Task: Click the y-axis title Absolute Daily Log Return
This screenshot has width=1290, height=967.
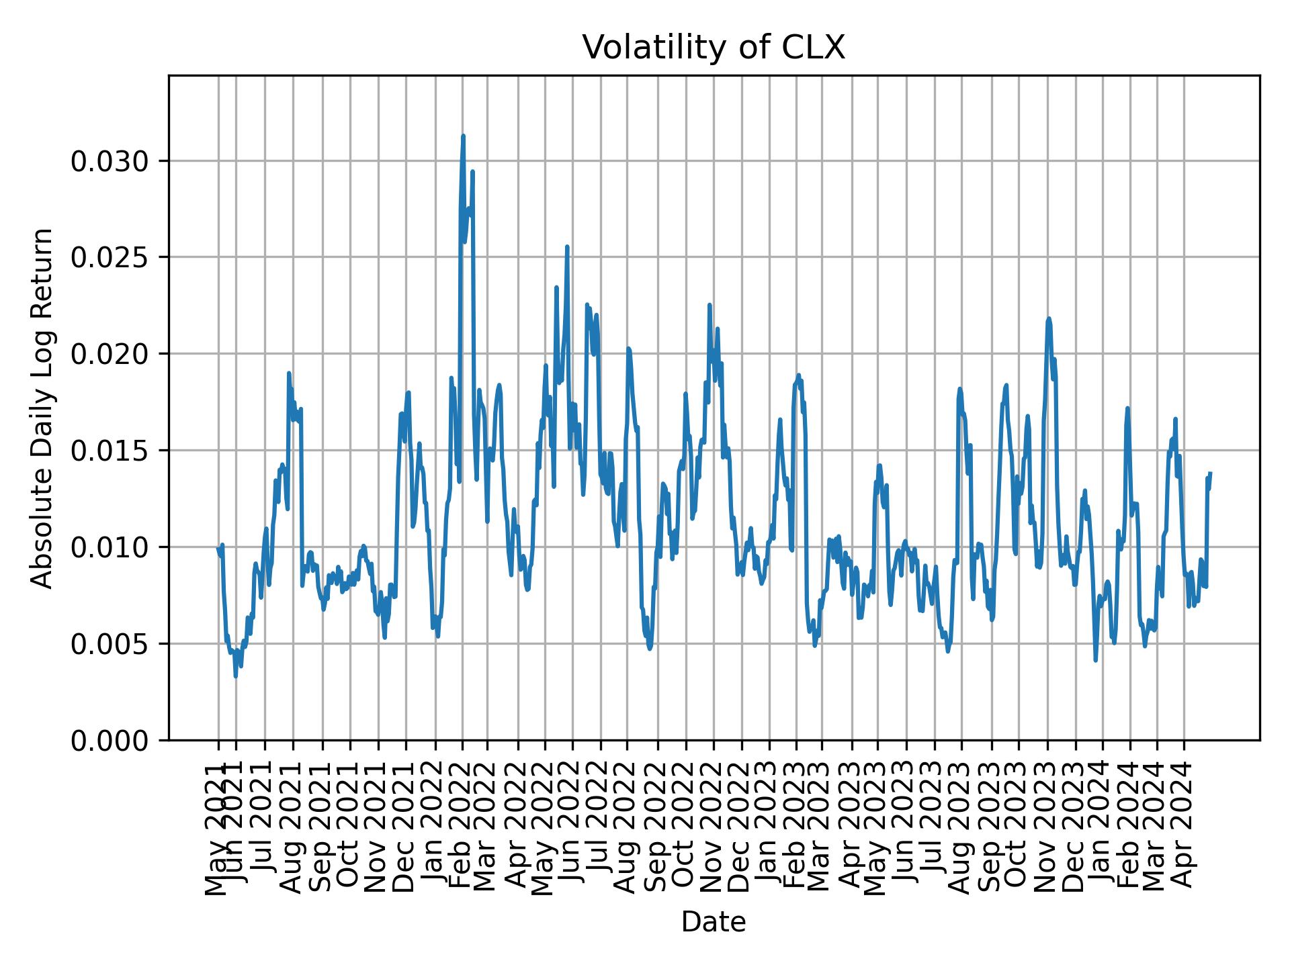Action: (43, 408)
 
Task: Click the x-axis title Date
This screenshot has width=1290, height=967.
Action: (713, 922)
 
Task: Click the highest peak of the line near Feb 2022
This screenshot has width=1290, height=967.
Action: (463, 136)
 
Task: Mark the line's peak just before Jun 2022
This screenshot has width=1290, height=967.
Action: (567, 246)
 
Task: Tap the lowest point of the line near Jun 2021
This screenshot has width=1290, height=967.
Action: (235, 676)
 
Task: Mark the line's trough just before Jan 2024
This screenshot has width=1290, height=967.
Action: (1095, 661)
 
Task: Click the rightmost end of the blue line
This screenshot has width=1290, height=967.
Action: (1210, 473)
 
